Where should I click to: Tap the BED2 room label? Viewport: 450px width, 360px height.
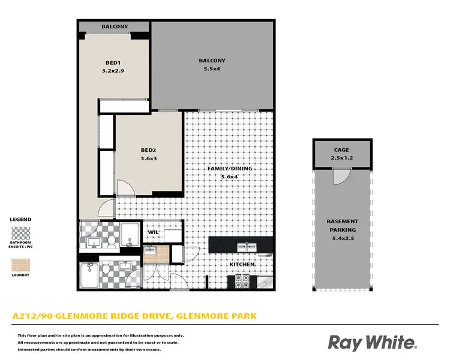(148, 150)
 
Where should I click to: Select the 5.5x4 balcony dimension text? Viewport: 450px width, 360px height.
(212, 70)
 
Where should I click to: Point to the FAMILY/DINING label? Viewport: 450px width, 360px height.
(230, 169)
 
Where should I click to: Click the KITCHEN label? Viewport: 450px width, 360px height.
(241, 265)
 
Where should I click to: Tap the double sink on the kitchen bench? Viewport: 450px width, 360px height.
(247, 247)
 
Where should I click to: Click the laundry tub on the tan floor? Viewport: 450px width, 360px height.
(150, 250)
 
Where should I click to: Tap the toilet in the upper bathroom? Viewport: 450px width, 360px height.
(112, 240)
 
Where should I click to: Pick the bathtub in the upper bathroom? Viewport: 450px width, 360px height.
(130, 233)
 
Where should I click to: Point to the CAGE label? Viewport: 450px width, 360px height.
(341, 150)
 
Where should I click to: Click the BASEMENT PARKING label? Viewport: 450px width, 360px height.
(342, 226)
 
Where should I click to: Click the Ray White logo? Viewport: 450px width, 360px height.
(372, 342)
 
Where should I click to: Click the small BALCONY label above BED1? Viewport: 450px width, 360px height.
(113, 27)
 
